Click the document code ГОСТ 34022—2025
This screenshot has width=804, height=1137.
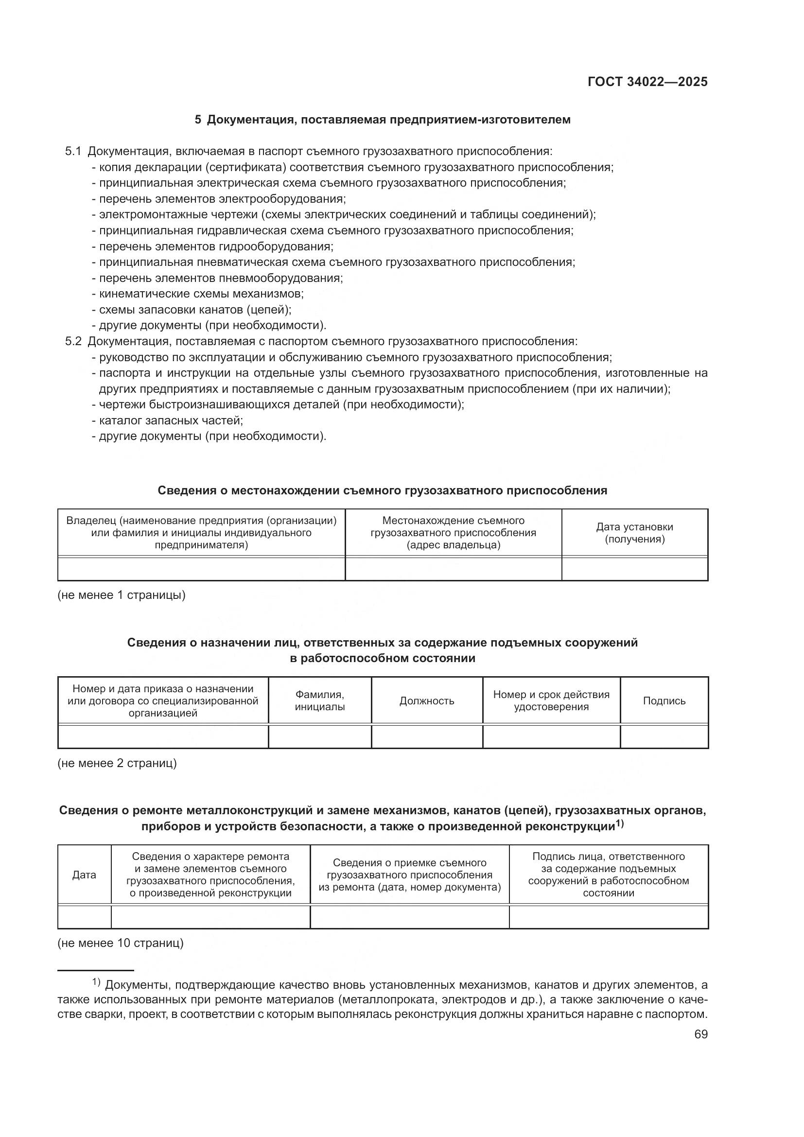pyautogui.click(x=647, y=82)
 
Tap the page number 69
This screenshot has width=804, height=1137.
pyautogui.click(x=700, y=1034)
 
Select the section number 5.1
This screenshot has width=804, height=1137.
pyautogui.click(x=73, y=152)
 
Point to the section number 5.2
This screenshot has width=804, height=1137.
pyautogui.click(x=73, y=342)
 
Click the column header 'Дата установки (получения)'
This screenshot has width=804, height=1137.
pyautogui.click(x=634, y=533)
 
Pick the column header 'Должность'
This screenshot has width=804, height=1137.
pyautogui.click(x=427, y=701)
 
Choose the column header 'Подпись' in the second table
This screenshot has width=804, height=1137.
pyautogui.click(x=664, y=701)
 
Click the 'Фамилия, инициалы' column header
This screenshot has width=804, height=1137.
pyautogui.click(x=320, y=701)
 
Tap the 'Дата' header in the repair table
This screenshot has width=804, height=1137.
pyautogui.click(x=84, y=875)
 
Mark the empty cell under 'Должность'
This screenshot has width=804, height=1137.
pyautogui.click(x=427, y=736)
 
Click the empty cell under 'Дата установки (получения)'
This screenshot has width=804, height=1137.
pyautogui.click(x=634, y=569)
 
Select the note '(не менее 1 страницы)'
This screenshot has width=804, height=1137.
pyautogui.click(x=122, y=595)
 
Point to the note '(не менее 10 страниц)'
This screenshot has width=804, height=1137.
pyautogui.click(x=120, y=943)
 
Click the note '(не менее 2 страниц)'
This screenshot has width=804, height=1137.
pyautogui.click(x=117, y=763)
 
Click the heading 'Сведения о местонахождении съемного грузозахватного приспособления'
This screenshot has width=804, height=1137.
pyautogui.click(x=382, y=491)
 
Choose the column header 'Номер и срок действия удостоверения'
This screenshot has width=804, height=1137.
pyautogui.click(x=551, y=701)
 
